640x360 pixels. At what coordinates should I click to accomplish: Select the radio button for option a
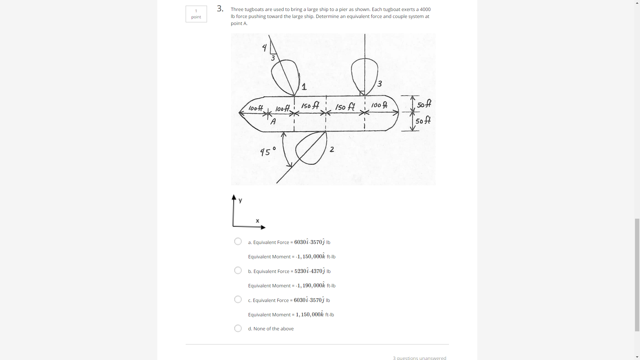(x=238, y=241)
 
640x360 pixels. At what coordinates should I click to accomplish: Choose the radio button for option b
(x=238, y=270)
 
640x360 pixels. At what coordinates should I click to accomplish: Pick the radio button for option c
(x=238, y=299)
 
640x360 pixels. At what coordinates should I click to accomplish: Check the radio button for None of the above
(x=238, y=328)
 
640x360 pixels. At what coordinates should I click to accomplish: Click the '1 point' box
(x=196, y=14)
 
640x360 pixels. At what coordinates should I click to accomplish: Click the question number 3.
(x=220, y=9)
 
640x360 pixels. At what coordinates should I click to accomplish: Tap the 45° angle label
(x=268, y=151)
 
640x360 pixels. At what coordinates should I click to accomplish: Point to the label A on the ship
(x=273, y=122)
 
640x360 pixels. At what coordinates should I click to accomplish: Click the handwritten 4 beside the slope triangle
(x=264, y=48)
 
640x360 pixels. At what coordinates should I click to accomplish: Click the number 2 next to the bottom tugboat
(x=332, y=149)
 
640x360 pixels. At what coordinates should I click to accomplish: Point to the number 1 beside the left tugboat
(x=304, y=87)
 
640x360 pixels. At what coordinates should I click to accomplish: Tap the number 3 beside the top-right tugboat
(x=379, y=84)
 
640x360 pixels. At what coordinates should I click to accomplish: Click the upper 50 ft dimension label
(x=424, y=104)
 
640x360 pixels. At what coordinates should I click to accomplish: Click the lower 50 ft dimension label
(x=423, y=120)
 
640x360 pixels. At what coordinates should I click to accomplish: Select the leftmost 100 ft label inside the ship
(x=256, y=108)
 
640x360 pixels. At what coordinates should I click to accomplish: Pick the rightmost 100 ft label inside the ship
(x=379, y=105)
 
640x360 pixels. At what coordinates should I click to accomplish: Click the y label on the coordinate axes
(x=240, y=200)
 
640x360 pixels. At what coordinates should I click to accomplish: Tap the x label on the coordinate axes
(x=257, y=221)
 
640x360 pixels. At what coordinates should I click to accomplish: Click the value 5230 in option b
(x=300, y=271)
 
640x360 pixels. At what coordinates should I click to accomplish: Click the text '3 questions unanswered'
(x=419, y=358)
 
